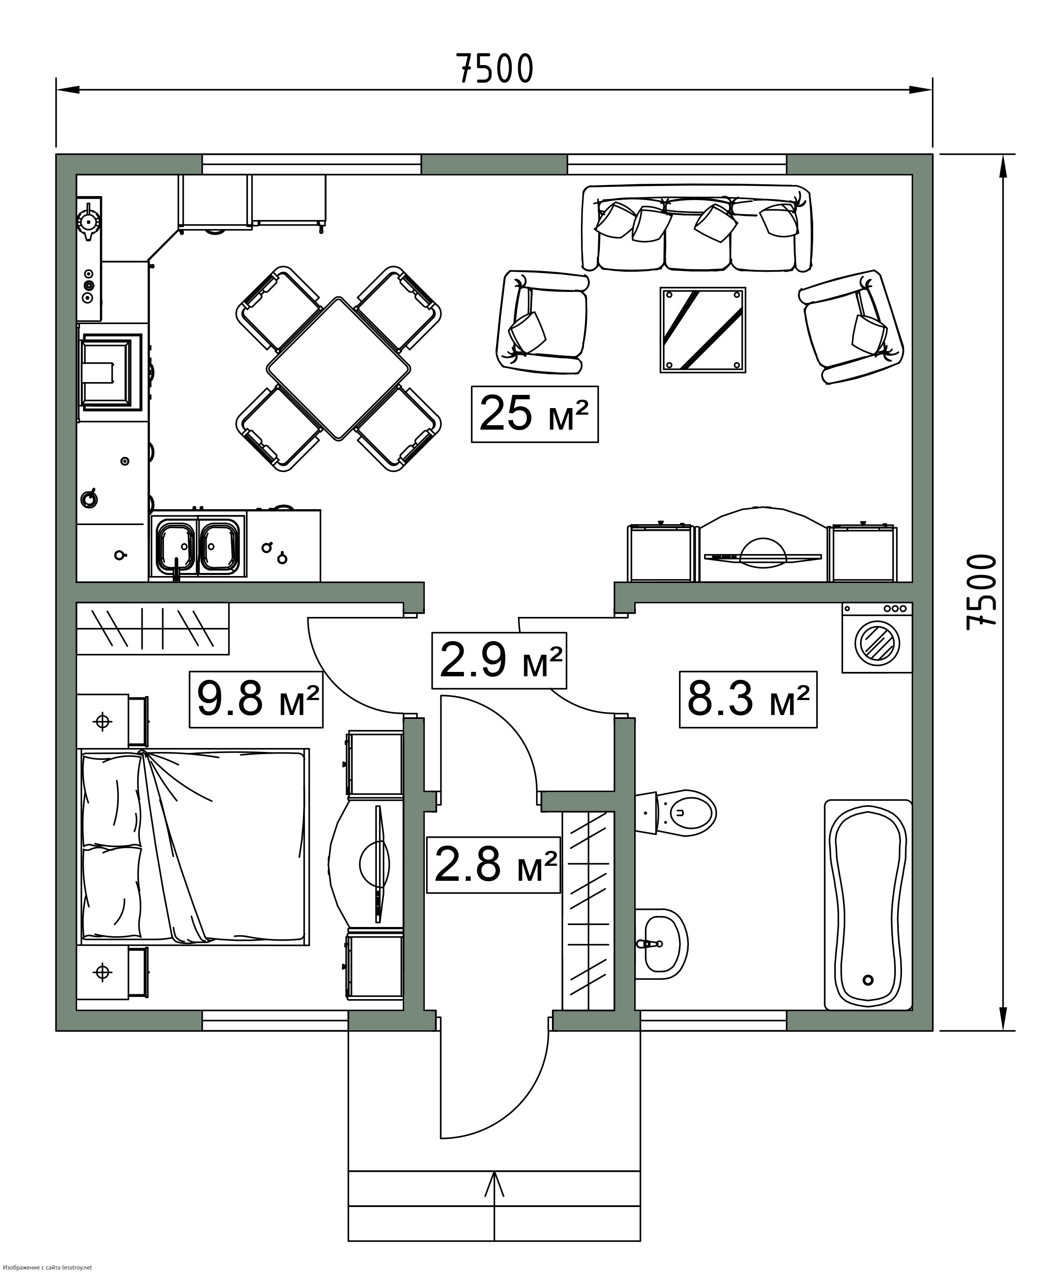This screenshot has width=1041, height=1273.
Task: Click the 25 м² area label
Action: click(534, 414)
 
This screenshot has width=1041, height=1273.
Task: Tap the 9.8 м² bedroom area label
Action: click(256, 699)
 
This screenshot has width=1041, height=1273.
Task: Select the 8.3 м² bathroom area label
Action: click(748, 699)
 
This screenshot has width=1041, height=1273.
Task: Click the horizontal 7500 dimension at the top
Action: click(495, 68)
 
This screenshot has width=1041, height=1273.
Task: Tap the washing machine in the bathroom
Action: click(877, 638)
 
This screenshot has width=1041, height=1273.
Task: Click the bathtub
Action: click(868, 905)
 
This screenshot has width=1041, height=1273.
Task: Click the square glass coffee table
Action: click(703, 330)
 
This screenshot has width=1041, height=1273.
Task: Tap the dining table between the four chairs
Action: click(339, 369)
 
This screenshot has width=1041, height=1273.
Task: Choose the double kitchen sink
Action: click(198, 544)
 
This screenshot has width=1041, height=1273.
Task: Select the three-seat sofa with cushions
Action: click(697, 228)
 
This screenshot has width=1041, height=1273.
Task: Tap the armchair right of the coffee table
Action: click(851, 327)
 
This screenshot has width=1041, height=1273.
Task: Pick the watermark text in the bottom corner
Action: click(47, 1267)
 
